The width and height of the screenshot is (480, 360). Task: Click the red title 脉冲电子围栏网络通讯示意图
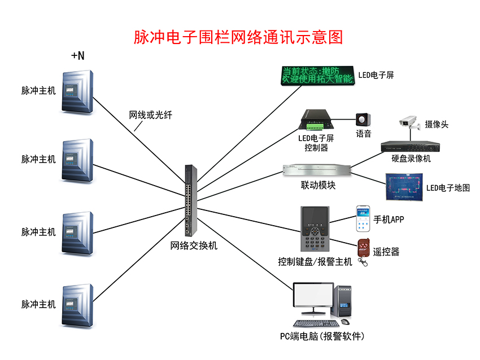pyautogui.click(x=238, y=37)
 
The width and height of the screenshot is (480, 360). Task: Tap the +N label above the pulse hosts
pyautogui.click(x=77, y=55)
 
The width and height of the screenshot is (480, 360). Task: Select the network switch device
pyautogui.click(x=189, y=200)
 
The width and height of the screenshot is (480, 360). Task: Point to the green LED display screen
pyautogui.click(x=318, y=76)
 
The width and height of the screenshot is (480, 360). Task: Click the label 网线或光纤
pyautogui.click(x=151, y=115)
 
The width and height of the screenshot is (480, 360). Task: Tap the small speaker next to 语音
pyautogui.click(x=361, y=120)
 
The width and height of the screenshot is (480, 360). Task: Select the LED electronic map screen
pyautogui.click(x=403, y=187)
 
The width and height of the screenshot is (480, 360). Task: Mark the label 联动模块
pyautogui.click(x=318, y=185)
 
